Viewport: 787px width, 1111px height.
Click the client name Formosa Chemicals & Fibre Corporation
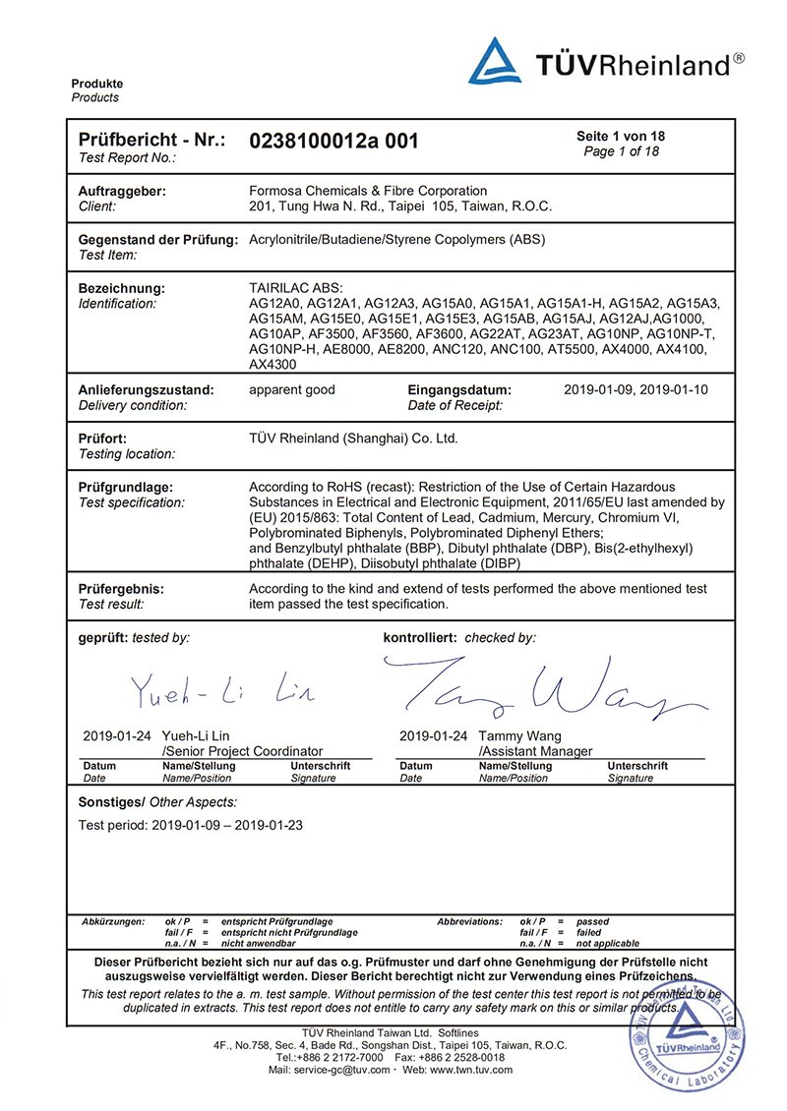coord(368,191)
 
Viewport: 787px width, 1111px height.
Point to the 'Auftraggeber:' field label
coord(121,191)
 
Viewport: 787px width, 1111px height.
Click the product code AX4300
coord(272,364)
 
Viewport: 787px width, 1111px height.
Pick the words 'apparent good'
coord(292,389)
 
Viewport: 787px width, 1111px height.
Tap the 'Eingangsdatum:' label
coord(459,389)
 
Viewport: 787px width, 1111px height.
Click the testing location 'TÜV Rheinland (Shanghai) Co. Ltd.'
coord(353,439)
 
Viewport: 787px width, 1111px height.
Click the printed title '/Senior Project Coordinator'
coord(242,751)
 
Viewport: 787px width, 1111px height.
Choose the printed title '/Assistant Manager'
coord(535,751)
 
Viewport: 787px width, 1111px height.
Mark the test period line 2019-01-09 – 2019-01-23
coord(190,825)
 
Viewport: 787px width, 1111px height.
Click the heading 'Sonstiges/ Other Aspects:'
coord(157,802)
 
